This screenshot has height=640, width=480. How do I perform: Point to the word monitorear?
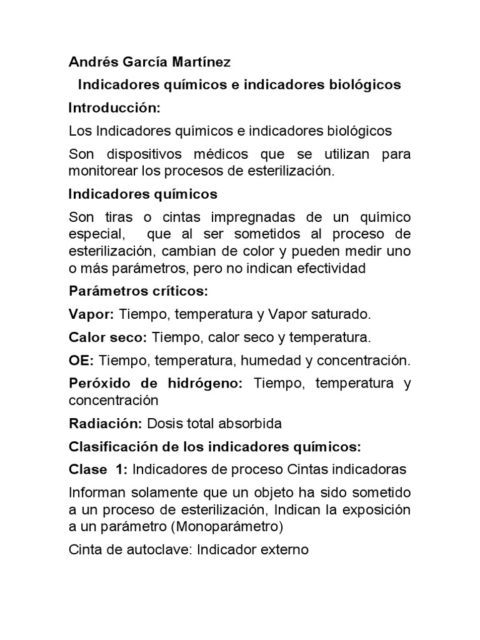101,171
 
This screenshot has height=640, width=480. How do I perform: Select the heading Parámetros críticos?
137,291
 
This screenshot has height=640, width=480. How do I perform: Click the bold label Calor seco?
107,337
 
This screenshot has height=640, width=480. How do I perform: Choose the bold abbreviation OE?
81,361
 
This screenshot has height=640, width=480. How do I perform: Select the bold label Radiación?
106,423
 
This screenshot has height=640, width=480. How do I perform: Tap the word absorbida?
251,423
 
